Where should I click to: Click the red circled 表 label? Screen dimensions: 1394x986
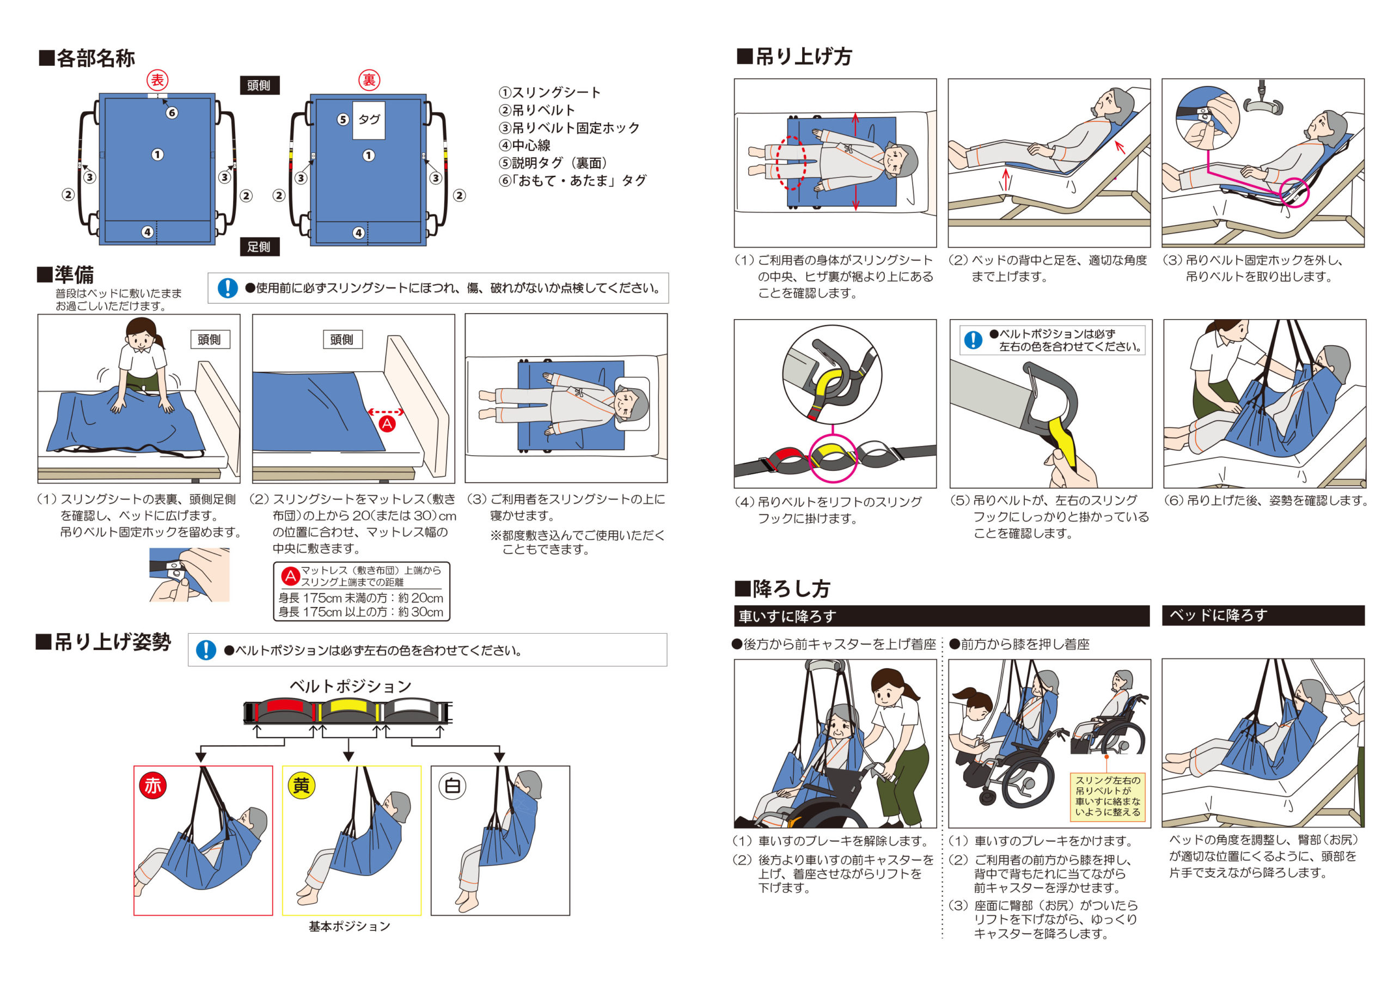tap(157, 80)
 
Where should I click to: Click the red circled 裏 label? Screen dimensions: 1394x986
tap(369, 80)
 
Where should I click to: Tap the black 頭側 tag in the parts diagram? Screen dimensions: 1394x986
tap(259, 85)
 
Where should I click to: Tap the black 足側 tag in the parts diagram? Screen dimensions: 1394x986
tap(259, 247)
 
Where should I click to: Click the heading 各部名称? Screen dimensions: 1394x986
tap(87, 58)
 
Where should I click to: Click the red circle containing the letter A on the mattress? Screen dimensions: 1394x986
tap(387, 424)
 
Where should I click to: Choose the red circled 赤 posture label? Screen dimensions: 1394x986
tap(152, 786)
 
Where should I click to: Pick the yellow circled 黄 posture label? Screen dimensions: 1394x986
tap(301, 786)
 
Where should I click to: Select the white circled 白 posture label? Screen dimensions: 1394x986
tap(453, 786)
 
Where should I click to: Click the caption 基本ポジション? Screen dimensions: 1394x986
tap(350, 927)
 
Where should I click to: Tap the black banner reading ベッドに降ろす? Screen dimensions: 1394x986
tap(1263, 615)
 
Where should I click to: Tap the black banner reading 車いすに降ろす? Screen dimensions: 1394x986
tap(941, 616)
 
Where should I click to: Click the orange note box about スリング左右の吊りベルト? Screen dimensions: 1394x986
tap(1108, 796)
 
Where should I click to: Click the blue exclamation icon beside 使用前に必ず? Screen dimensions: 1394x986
tap(228, 288)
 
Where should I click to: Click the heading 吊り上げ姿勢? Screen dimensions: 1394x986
tap(104, 642)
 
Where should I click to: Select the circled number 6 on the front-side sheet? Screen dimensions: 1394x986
tap(172, 113)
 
